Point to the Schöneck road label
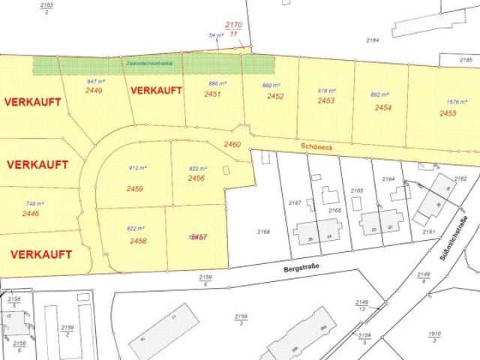click(313, 148)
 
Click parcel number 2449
click(94, 90)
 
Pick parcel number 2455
click(448, 113)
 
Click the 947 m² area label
click(96, 80)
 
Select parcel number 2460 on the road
click(232, 143)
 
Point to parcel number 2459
click(135, 189)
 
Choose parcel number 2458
click(137, 241)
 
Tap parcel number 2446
click(31, 214)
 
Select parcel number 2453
click(325, 100)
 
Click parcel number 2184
click(373, 39)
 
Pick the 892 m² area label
click(380, 95)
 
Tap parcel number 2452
click(275, 96)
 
